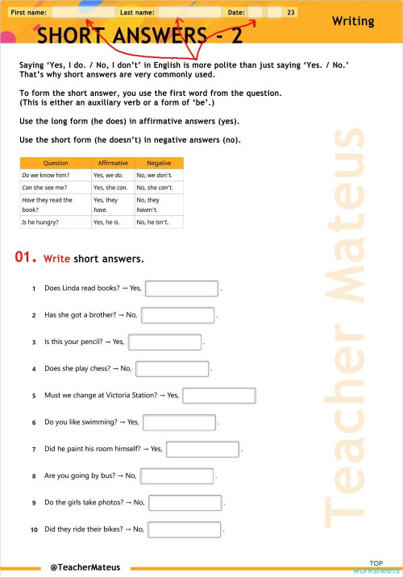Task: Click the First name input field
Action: (x=82, y=13)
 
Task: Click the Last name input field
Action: (x=189, y=13)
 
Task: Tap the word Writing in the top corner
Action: (x=353, y=22)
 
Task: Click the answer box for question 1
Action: (x=181, y=288)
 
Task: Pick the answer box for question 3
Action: (x=164, y=342)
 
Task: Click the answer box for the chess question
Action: (x=172, y=369)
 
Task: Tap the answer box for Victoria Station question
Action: (x=219, y=396)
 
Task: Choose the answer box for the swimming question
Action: (x=179, y=422)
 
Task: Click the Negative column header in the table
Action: (x=158, y=163)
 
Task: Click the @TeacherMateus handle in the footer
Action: (x=85, y=567)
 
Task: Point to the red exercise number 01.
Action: (x=26, y=258)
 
